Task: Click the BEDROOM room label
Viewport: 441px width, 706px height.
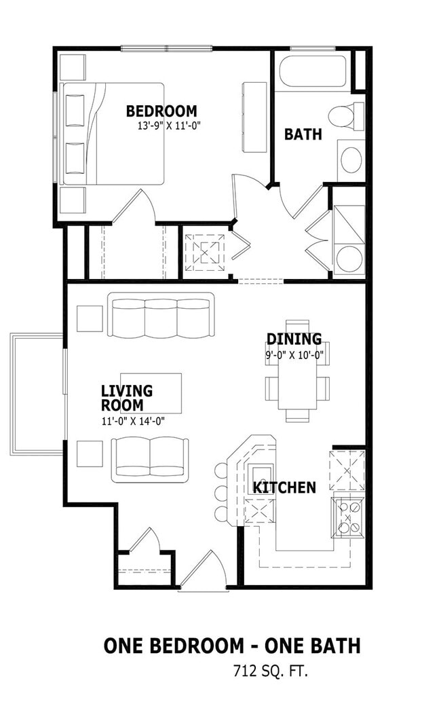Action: click(x=161, y=111)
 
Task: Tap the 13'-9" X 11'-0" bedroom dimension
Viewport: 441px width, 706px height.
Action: click(x=168, y=126)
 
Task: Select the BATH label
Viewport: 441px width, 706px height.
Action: click(x=303, y=134)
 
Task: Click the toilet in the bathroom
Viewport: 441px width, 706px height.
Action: click(x=346, y=115)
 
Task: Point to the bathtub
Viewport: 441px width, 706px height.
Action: click(x=313, y=71)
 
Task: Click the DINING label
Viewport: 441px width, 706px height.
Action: click(x=294, y=339)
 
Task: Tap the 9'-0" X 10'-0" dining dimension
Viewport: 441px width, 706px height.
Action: click(x=294, y=355)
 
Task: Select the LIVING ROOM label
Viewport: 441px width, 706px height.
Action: click(x=127, y=398)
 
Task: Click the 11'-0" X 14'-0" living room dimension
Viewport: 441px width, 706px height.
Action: click(x=133, y=422)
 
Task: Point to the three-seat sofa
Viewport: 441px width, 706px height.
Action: click(x=160, y=315)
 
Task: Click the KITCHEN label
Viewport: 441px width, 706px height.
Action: click(x=284, y=487)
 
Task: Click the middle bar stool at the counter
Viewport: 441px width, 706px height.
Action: click(x=221, y=493)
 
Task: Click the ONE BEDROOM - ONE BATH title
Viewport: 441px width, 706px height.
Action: click(x=232, y=646)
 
